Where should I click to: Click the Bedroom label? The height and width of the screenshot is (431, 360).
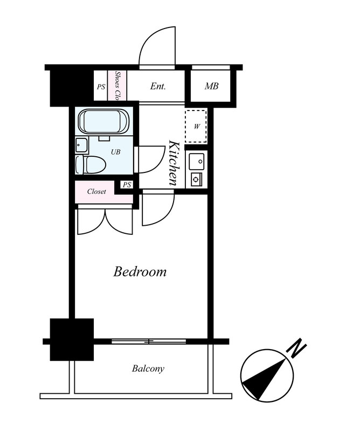pyautogui.click(x=140, y=272)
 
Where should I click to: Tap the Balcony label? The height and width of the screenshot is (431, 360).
pyautogui.click(x=148, y=369)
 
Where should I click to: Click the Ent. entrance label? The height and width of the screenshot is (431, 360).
pyautogui.click(x=158, y=86)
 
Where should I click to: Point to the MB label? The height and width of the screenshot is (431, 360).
pyautogui.click(x=211, y=86)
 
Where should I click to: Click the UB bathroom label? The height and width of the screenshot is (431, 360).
pyautogui.click(x=115, y=152)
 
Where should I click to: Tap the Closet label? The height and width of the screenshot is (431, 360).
pyautogui.click(x=96, y=191)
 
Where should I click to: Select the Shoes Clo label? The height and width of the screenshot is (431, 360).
pyautogui.click(x=117, y=86)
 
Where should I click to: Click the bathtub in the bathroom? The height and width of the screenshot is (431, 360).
pyautogui.click(x=103, y=122)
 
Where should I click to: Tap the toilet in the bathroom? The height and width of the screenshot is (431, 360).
pyautogui.click(x=91, y=165)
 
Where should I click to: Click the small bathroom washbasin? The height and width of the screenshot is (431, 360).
pyautogui.click(x=82, y=145)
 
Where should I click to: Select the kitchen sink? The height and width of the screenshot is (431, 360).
pyautogui.click(x=196, y=161)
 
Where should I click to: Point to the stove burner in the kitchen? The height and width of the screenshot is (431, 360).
pyautogui.click(x=196, y=179)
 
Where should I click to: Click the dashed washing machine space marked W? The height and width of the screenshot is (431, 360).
pyautogui.click(x=196, y=126)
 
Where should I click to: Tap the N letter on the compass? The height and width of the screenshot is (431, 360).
pyautogui.click(x=296, y=349)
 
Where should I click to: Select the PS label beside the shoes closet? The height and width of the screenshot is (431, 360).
pyautogui.click(x=101, y=87)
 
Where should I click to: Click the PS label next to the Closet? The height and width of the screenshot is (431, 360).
pyautogui.click(x=127, y=185)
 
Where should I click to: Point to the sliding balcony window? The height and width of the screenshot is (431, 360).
pyautogui.click(x=149, y=342)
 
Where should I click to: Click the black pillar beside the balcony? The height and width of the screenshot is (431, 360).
pyautogui.click(x=72, y=339)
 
